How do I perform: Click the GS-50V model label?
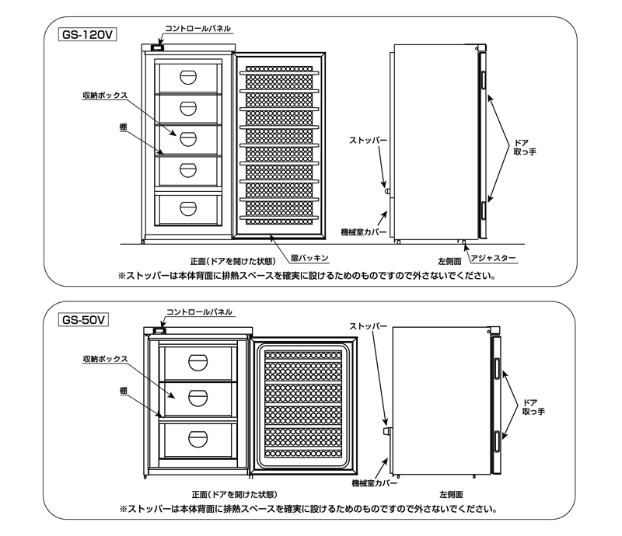(x=83, y=318)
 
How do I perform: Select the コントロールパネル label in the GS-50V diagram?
(x=200, y=312)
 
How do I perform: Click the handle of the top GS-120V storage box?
(x=188, y=76)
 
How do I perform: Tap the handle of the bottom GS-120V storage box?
(x=188, y=207)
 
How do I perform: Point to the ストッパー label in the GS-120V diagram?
(x=367, y=140)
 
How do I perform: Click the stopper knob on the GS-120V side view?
(x=387, y=189)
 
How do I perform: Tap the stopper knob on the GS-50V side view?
(x=386, y=427)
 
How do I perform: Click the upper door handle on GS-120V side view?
(x=482, y=80)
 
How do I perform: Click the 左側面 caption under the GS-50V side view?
(x=451, y=494)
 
